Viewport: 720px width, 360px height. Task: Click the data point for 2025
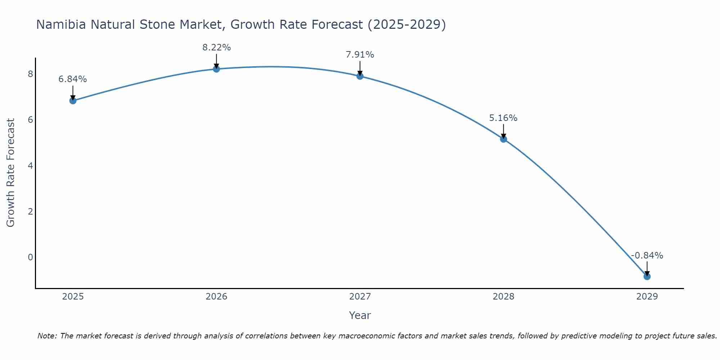click(x=73, y=100)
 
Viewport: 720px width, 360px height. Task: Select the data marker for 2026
click(x=216, y=69)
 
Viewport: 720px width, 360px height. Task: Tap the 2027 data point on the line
click(x=360, y=76)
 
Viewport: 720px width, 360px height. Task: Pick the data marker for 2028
click(x=503, y=139)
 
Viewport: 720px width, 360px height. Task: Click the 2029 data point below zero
click(x=647, y=276)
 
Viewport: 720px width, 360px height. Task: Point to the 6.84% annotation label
click(x=73, y=79)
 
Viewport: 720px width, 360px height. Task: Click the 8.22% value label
click(x=216, y=48)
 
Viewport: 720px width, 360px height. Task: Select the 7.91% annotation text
click(x=360, y=55)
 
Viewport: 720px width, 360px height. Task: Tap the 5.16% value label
click(x=503, y=118)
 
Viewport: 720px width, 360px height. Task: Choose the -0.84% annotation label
click(x=647, y=256)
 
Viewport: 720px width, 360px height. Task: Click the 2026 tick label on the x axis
click(x=216, y=297)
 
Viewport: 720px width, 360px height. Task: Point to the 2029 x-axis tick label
click(x=647, y=297)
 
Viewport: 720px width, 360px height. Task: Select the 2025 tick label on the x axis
click(x=73, y=297)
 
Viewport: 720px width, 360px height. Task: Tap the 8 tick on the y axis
click(x=31, y=74)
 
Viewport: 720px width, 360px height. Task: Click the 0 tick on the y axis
click(x=31, y=257)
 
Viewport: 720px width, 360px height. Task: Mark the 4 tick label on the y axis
click(x=31, y=166)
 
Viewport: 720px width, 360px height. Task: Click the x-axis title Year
click(x=360, y=315)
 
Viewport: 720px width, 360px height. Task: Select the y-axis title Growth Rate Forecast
click(x=11, y=173)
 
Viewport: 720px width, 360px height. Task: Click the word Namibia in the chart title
click(x=61, y=24)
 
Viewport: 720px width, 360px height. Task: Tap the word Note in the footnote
click(x=47, y=336)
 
